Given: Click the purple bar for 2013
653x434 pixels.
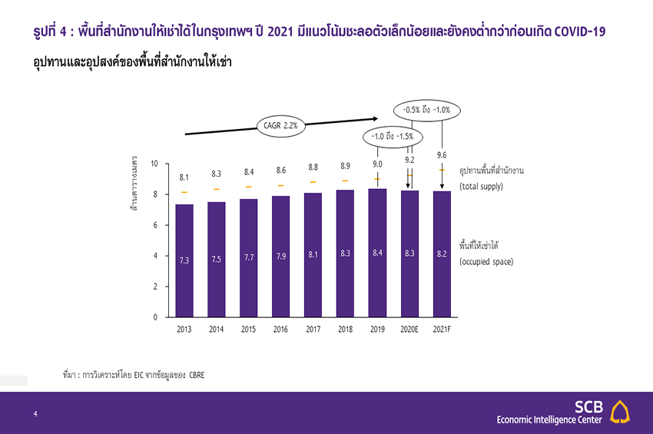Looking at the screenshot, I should pyautogui.click(x=184, y=260).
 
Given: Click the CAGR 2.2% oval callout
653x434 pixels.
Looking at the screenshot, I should pyautogui.click(x=281, y=124).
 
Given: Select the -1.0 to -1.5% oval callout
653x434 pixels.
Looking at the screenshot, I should pyautogui.click(x=392, y=137).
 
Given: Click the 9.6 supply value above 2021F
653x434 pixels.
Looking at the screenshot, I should pyautogui.click(x=442, y=155).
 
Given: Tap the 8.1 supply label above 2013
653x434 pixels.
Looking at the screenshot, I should pyautogui.click(x=184, y=177).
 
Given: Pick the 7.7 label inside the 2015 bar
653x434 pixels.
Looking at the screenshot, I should pyautogui.click(x=249, y=257).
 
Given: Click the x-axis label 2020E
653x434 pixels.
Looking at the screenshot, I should pyautogui.click(x=409, y=330).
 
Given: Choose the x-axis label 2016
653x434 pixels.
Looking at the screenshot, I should pyautogui.click(x=281, y=330).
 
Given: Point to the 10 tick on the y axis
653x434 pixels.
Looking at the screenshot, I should pyautogui.click(x=154, y=164).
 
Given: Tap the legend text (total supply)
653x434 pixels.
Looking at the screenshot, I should pyautogui.click(x=481, y=187).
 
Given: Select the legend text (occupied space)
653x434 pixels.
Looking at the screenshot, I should pyautogui.click(x=486, y=262).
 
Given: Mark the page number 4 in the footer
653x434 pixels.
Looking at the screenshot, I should pyautogui.click(x=35, y=414).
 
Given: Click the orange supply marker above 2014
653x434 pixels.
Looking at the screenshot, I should pyautogui.click(x=217, y=189).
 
